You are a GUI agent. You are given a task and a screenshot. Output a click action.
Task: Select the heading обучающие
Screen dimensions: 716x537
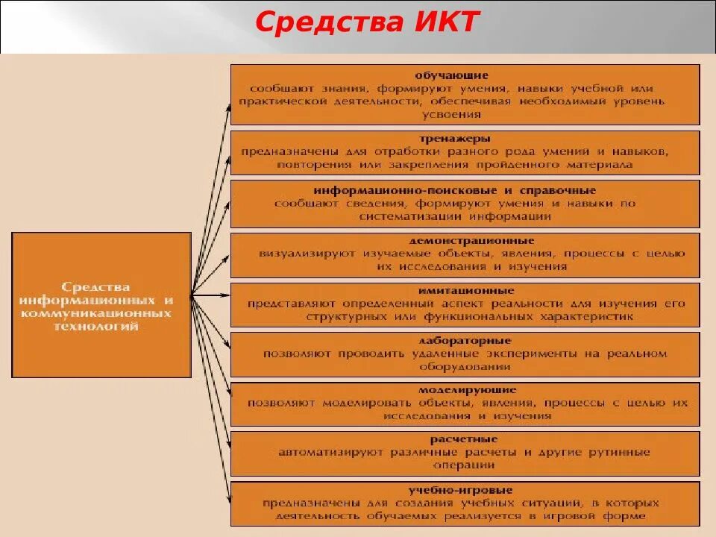tap(452, 75)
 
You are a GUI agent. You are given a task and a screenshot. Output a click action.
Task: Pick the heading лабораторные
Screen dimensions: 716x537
tap(465, 340)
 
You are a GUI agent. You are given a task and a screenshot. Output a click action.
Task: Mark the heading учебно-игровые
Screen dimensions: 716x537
tap(460, 490)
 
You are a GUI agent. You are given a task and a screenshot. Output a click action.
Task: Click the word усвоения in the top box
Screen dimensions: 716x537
tap(451, 114)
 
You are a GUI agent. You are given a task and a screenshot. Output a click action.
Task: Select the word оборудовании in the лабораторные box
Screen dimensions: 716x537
tap(464, 367)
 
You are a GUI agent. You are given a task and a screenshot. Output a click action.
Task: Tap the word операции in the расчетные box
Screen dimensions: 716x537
tap(464, 465)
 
